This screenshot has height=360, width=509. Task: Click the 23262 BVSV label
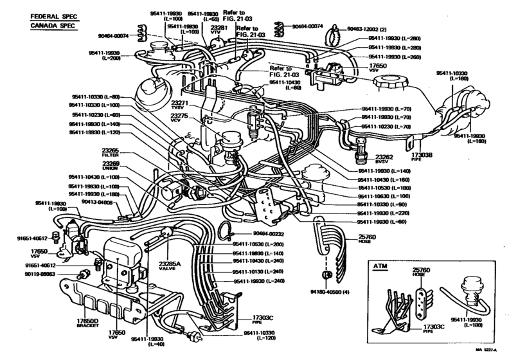384,159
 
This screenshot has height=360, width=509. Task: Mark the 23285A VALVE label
170,266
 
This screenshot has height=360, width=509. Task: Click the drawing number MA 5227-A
487,350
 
